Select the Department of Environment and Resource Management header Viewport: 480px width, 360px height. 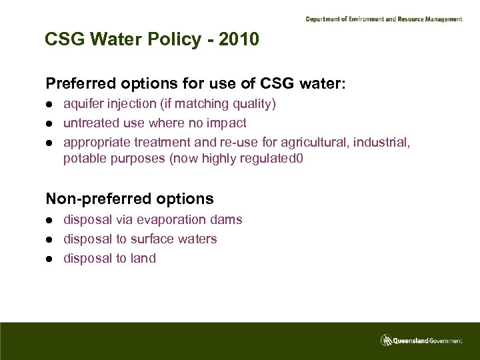[383, 19]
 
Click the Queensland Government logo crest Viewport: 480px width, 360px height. [385, 340]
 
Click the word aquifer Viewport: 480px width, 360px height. [83, 104]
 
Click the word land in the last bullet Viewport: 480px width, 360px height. [143, 258]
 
